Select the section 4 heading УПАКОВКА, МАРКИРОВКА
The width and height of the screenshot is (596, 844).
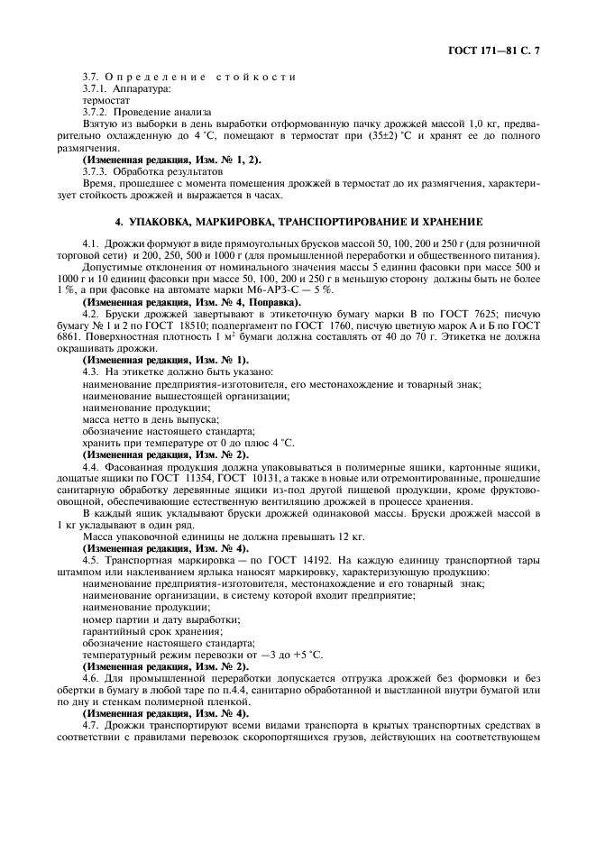(298, 221)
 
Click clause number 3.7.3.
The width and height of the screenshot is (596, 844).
(96, 170)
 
